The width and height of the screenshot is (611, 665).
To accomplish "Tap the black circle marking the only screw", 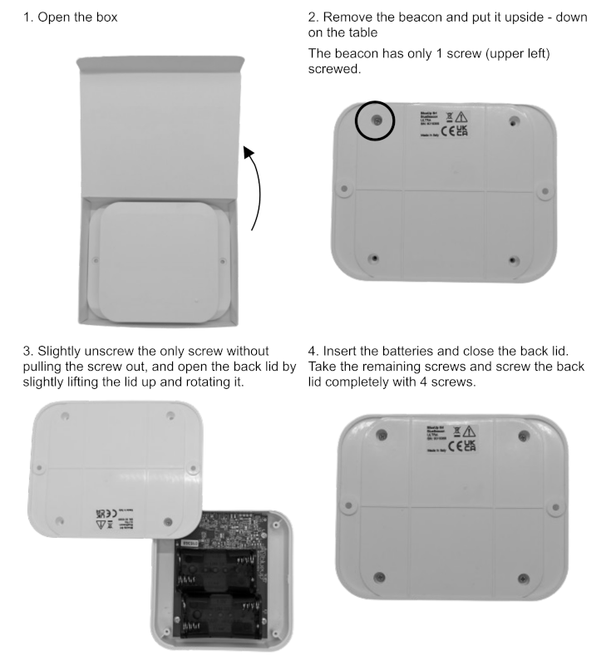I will tap(375, 122).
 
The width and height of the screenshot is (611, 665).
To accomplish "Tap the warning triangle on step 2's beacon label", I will tap(461, 117).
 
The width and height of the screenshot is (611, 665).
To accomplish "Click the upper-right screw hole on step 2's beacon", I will tap(515, 121).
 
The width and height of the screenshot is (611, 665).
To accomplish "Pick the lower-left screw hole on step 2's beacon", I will tap(376, 259).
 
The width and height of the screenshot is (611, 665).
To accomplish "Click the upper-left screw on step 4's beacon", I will tap(382, 435).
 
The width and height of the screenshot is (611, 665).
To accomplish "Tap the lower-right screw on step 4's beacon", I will tap(522, 577).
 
